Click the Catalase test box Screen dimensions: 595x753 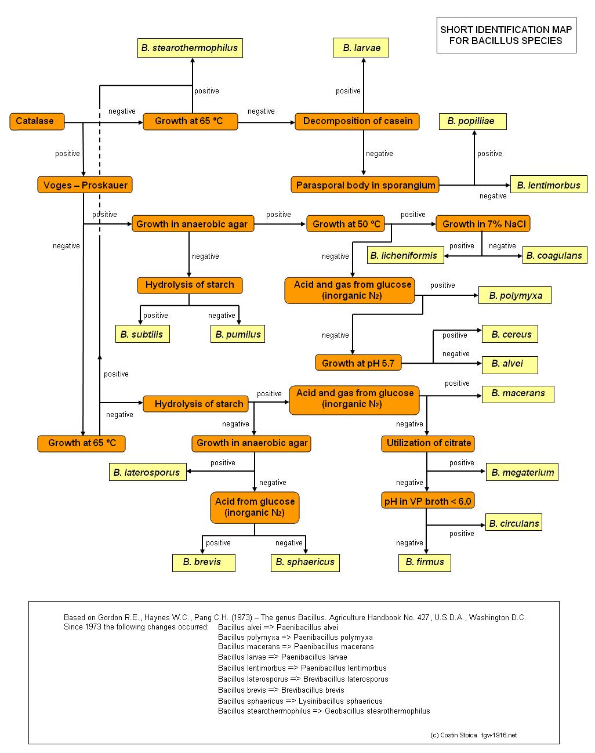pos(37,121)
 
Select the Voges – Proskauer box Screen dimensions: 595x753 pos(85,184)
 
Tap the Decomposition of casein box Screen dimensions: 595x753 pos(357,121)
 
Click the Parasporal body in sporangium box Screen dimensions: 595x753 pos(365,184)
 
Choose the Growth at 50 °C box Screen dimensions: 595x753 pos(346,223)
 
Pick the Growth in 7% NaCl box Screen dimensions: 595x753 pos(483,223)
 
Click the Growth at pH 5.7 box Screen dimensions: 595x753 pos(358,363)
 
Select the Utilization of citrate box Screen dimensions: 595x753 pos(428,444)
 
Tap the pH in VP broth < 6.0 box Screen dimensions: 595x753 pos(427,501)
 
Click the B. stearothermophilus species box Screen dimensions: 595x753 pos(190,48)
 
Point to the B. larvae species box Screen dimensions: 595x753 pos(361,48)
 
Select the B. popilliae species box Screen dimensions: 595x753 pos(473,121)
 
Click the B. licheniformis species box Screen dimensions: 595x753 pos(405,255)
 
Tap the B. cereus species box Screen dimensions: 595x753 pos(510,334)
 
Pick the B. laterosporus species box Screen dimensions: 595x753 pos(148,472)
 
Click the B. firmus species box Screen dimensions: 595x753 pos(425,563)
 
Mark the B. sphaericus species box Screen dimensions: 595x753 pos(305,563)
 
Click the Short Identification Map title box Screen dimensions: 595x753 pos(506,35)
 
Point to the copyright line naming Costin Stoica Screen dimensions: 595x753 pos(473,735)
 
